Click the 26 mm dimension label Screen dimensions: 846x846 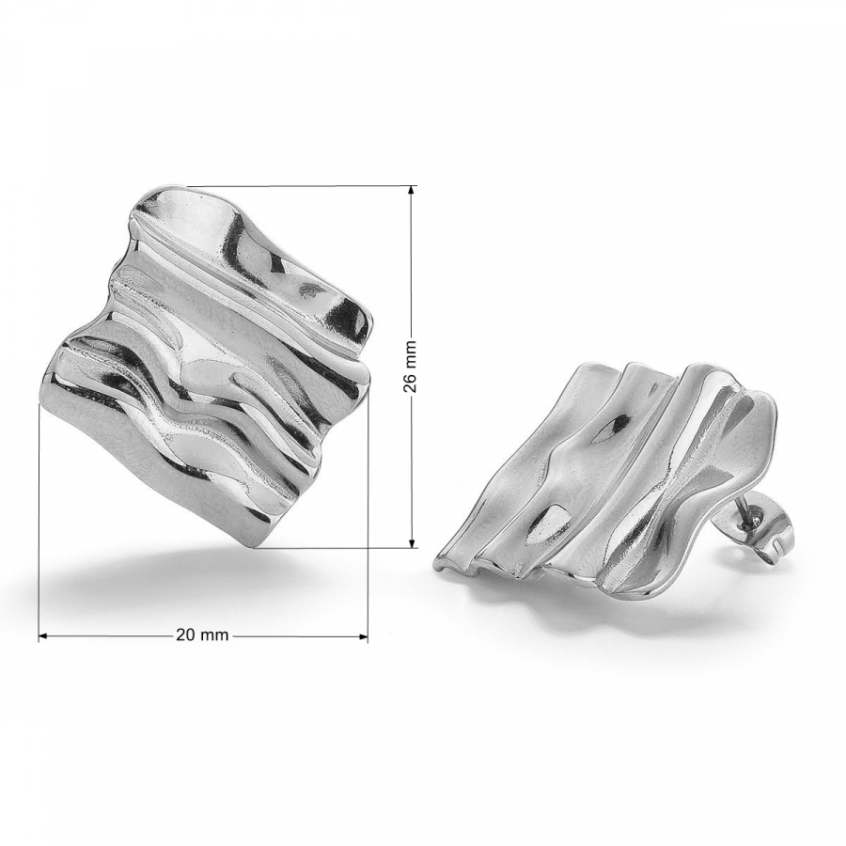tap(411, 367)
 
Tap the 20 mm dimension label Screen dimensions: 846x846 tap(202, 635)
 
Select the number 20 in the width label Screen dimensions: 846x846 tap(185, 635)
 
